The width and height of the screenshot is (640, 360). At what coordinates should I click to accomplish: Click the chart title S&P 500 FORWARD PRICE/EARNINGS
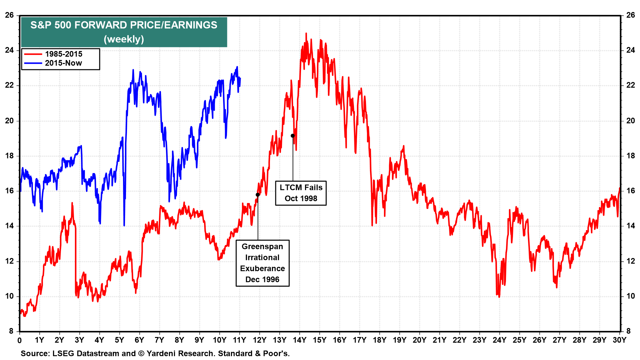tap(124, 25)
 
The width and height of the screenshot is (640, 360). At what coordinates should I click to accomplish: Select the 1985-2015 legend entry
tap(63, 54)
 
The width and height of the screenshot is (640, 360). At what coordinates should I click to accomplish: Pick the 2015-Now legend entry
tap(63, 63)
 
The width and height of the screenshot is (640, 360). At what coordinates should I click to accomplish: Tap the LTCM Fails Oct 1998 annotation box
tap(301, 193)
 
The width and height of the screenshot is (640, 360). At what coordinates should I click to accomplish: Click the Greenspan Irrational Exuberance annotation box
tap(262, 263)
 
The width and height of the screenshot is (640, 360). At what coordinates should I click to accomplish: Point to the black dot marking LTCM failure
tap(293, 136)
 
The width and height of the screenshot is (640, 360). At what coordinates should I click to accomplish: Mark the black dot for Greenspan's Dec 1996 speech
tap(258, 195)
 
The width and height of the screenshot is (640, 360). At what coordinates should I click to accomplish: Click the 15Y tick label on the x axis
tap(319, 340)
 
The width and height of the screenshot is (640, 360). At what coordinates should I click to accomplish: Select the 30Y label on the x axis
tap(619, 340)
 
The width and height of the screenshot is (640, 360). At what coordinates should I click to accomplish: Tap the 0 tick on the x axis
tap(20, 340)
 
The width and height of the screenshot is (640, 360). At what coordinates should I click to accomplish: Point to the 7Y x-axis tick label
tap(159, 340)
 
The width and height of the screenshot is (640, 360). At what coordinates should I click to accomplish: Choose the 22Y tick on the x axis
tap(459, 340)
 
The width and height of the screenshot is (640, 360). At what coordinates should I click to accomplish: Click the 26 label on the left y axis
tap(9, 15)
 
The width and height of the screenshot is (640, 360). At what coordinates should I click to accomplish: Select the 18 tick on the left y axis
tap(9, 156)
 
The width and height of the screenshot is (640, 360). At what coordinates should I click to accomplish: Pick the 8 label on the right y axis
tap(628, 331)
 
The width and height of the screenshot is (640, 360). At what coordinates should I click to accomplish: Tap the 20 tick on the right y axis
tap(630, 121)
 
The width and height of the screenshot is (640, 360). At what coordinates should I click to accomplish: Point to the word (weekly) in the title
tap(124, 39)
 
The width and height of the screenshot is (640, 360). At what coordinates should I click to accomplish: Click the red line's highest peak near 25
tap(306, 33)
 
